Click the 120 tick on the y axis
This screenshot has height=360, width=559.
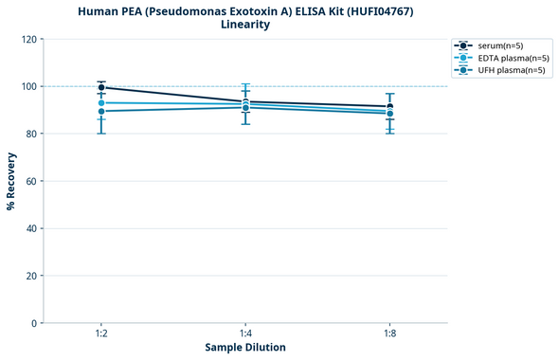pos(28,39)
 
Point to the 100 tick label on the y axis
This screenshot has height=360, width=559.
pos(28,86)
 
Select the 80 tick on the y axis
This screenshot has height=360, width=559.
pos(31,134)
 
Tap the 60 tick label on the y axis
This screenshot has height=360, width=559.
pos(31,181)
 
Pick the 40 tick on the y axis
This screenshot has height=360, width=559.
pos(31,228)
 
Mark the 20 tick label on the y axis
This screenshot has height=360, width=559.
pos(31,276)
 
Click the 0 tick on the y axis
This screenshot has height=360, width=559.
pos(34,323)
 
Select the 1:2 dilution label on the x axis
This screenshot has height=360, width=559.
pos(101,334)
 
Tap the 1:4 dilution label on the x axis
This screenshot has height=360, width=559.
pos(245,334)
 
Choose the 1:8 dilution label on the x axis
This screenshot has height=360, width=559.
pos(389,334)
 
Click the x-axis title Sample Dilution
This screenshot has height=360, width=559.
pos(245,348)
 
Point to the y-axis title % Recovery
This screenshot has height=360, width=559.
pos(11,181)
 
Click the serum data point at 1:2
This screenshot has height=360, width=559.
pos(101,87)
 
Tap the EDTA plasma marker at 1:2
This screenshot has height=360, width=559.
pos(101,102)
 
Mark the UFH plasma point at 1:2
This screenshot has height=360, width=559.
pos(101,111)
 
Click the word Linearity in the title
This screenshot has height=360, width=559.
pos(245,25)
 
